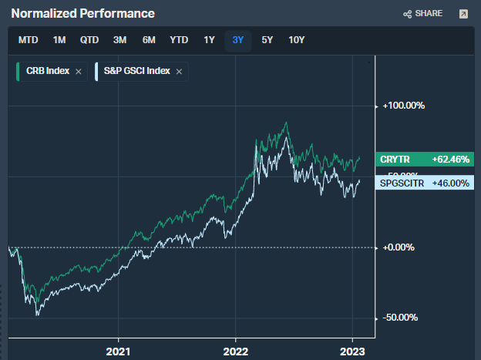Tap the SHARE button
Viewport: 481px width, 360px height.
(422, 14)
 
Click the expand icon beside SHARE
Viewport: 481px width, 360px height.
(463, 14)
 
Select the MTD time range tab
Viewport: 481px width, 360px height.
(29, 40)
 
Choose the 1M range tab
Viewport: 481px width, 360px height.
(59, 40)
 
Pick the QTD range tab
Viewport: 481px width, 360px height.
(89, 40)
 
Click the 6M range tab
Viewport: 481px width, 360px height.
(149, 40)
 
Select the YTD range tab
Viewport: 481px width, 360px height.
(179, 40)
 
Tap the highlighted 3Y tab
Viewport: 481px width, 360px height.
(237, 40)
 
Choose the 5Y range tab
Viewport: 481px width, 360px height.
(267, 40)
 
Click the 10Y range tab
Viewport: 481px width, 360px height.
(297, 40)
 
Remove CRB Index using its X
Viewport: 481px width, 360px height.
(79, 72)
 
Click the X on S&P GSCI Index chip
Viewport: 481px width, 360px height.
(179, 72)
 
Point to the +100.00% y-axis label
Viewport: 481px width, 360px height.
(404, 106)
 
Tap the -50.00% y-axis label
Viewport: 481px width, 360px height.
(401, 318)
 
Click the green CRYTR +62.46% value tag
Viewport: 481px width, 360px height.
(425, 160)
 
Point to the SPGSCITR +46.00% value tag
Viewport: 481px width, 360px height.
(425, 183)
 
